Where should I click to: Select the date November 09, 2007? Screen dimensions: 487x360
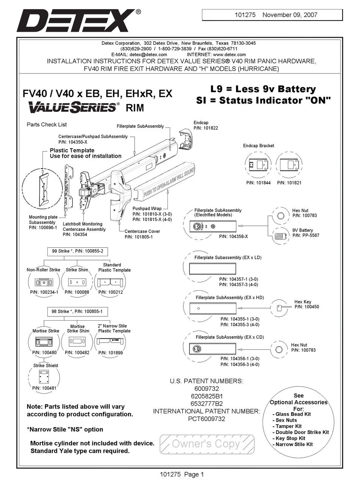[x=290, y=15]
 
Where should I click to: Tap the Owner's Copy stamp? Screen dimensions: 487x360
[x=207, y=444]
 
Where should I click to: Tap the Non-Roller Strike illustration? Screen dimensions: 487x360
[x=44, y=282]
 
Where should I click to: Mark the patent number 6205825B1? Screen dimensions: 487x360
[x=206, y=396]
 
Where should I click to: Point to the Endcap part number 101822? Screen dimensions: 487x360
[x=206, y=128]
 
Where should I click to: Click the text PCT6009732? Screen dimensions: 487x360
[x=207, y=419]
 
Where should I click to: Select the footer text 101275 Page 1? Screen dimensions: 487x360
[x=182, y=474]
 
